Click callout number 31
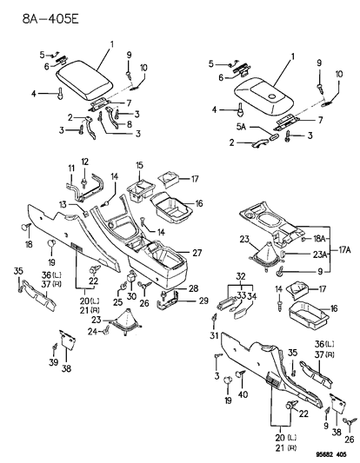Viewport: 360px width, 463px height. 211,336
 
